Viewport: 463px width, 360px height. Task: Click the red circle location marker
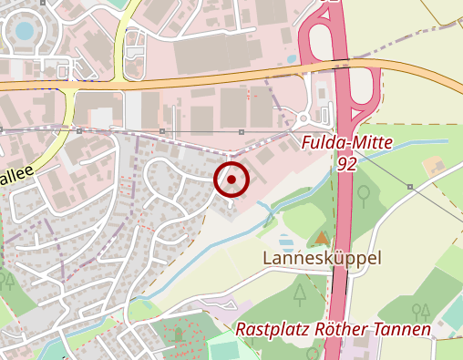point(231,180)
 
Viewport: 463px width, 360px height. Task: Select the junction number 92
point(346,164)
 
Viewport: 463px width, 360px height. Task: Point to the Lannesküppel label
point(322,259)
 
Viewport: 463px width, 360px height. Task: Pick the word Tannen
point(403,329)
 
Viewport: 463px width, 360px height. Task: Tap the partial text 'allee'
point(17,172)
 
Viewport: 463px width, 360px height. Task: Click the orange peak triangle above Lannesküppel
point(320,238)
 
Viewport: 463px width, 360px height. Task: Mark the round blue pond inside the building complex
point(24,33)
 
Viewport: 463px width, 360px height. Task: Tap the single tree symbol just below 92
point(364,194)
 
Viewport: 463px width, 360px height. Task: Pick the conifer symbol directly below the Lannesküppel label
point(300,293)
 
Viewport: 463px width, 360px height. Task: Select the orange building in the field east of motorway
point(434,167)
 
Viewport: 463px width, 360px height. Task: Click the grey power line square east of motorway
point(410,187)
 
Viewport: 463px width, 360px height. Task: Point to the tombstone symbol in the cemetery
point(179,334)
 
